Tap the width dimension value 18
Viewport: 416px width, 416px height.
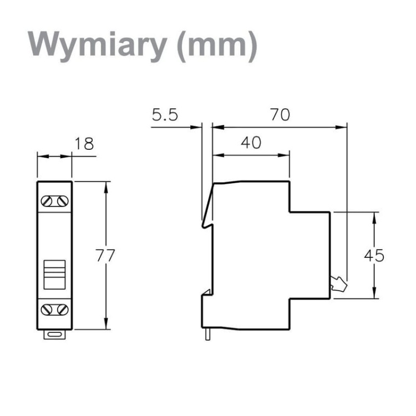(x=84, y=144)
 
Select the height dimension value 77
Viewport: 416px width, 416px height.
(x=105, y=256)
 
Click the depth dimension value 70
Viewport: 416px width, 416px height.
(x=280, y=115)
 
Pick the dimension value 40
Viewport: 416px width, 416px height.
(x=251, y=143)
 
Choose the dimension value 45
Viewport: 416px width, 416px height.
(x=374, y=256)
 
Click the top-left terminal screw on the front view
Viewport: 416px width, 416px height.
(x=47, y=201)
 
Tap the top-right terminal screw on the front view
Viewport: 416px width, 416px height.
(x=62, y=201)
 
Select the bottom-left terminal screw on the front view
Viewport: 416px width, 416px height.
(x=47, y=308)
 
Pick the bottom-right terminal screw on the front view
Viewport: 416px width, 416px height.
(x=62, y=308)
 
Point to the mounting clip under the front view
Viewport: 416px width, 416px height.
(x=54, y=334)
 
